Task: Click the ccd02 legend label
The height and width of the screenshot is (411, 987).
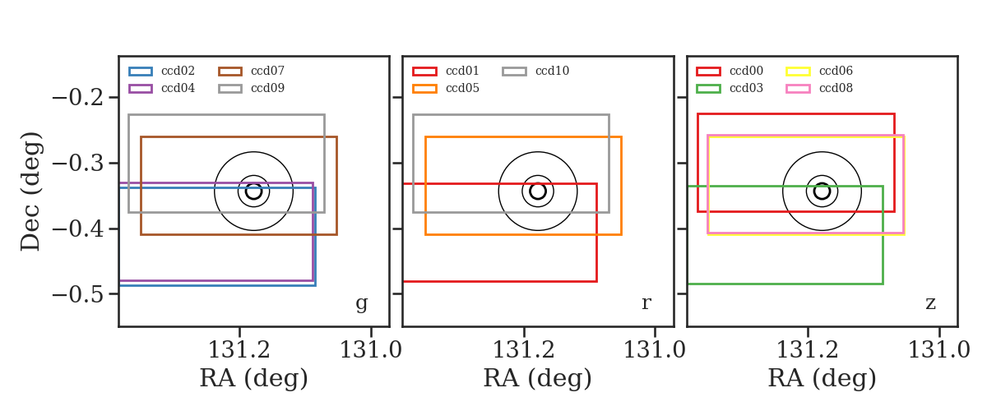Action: (x=178, y=71)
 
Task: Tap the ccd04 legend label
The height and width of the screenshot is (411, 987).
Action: (x=178, y=88)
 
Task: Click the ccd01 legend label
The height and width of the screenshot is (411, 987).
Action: (x=462, y=71)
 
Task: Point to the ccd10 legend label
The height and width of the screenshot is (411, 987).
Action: (x=552, y=71)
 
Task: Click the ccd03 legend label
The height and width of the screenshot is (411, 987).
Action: (x=747, y=88)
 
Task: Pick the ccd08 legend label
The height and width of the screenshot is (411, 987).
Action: (x=836, y=88)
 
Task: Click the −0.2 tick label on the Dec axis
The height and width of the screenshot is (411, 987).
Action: (x=78, y=97)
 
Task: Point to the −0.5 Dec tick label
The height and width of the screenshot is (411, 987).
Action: (x=78, y=293)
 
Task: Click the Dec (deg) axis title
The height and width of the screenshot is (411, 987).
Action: (x=31, y=192)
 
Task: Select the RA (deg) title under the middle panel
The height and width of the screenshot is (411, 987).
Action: (x=538, y=378)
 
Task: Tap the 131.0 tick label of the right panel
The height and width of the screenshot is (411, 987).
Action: (x=939, y=350)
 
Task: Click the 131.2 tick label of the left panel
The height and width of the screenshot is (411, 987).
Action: (x=239, y=350)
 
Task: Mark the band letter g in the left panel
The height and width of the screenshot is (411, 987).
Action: (x=362, y=303)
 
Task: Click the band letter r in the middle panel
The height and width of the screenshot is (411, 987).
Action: (x=646, y=302)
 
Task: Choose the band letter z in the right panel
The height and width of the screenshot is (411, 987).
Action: (x=930, y=303)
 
